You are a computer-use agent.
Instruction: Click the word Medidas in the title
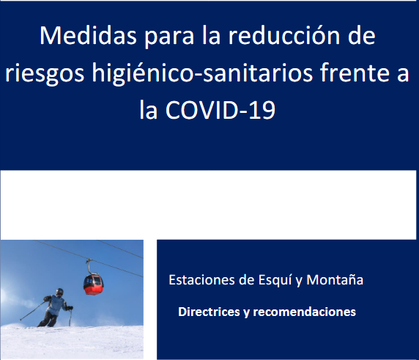point(88,36)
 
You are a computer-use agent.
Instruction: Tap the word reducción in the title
point(283,36)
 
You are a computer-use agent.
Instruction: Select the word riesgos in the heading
point(45,73)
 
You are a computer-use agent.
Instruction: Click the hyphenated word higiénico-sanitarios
point(202,73)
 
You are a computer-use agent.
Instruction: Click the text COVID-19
point(220,110)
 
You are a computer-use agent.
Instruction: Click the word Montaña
point(335,280)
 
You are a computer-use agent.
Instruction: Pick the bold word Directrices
point(209,312)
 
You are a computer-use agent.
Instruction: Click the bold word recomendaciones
point(305,312)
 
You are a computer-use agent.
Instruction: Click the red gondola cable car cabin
point(94,284)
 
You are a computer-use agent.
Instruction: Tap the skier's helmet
point(59,291)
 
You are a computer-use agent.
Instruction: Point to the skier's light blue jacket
point(56,305)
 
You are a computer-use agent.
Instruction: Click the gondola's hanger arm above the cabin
point(89,267)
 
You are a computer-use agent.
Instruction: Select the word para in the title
point(169,37)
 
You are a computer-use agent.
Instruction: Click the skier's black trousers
point(48,320)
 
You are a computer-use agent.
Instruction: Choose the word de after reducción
point(362,36)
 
